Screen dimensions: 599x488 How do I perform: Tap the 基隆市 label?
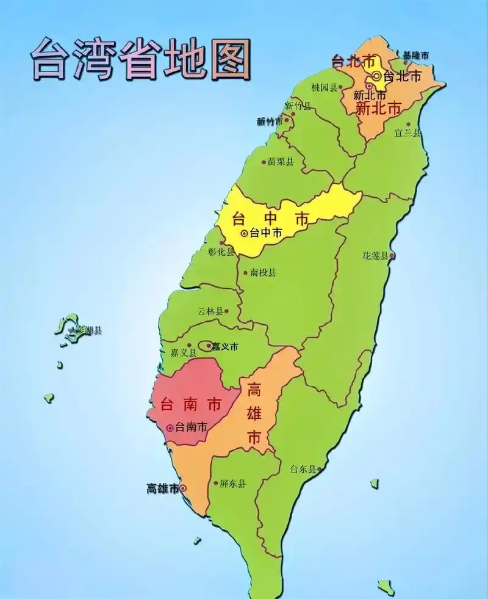coord(416,56)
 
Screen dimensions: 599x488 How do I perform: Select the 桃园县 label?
coord(325,87)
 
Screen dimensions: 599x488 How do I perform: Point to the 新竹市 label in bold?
coord(269,122)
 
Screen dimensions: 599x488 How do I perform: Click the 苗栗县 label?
coord(281,162)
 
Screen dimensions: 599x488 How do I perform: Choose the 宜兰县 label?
coord(407,133)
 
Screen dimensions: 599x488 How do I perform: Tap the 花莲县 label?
coord(375,255)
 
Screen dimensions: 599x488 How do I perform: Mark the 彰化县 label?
coord(220,252)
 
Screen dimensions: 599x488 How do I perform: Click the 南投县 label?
coord(263,272)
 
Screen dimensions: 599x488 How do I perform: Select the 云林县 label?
coord(210,311)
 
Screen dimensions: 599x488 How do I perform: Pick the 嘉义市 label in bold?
coord(225,346)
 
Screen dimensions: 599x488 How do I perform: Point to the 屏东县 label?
coord(232,484)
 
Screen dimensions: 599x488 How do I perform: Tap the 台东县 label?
coord(303,470)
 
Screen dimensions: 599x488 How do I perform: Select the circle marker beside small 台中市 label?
coord(245,233)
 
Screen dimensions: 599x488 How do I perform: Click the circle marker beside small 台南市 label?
coord(170,428)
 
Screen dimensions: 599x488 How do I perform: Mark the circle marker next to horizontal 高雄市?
coord(183,488)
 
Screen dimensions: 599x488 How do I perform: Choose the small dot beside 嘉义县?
coord(189,345)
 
